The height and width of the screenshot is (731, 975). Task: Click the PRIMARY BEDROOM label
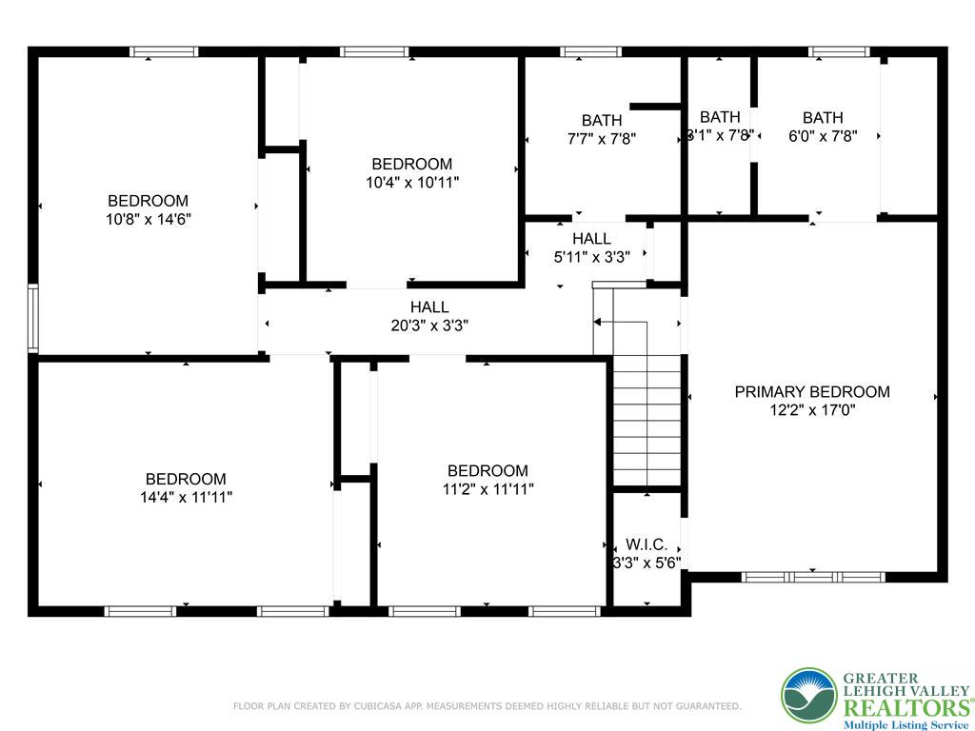(812, 391)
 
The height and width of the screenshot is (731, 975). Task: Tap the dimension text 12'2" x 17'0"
(812, 410)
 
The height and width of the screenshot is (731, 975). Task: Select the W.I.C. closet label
(647, 545)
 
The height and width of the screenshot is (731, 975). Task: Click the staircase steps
(647, 419)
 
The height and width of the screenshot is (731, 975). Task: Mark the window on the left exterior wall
(33, 318)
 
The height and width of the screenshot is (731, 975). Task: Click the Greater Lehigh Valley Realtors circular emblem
(808, 696)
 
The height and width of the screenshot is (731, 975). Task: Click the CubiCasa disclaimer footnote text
(487, 706)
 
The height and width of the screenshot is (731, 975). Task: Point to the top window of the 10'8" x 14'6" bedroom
(164, 51)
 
